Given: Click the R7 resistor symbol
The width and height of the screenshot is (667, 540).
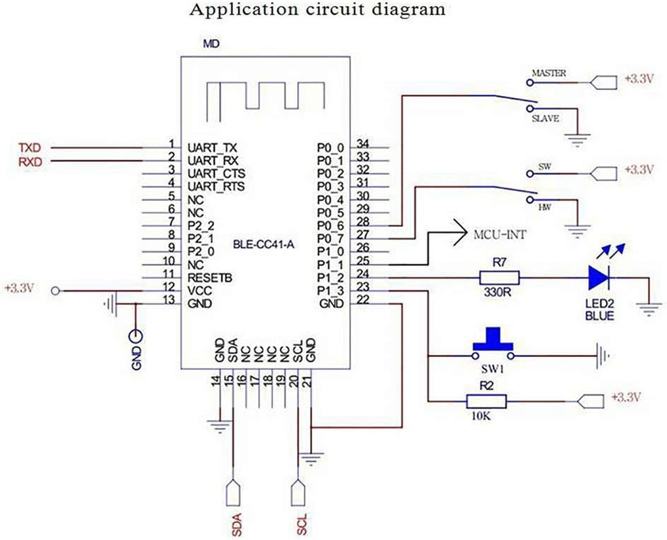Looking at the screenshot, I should (x=500, y=277).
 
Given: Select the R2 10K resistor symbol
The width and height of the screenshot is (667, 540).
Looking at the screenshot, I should (x=486, y=402).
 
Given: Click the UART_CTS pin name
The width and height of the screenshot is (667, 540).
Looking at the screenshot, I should (x=216, y=173).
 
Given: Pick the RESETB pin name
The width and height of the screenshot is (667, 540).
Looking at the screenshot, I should (x=211, y=277).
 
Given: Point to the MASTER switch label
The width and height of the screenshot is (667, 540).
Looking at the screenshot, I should (x=549, y=72).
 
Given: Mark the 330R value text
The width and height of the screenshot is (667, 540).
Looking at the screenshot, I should (x=500, y=295).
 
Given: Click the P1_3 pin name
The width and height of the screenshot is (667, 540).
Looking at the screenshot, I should (x=330, y=291).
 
